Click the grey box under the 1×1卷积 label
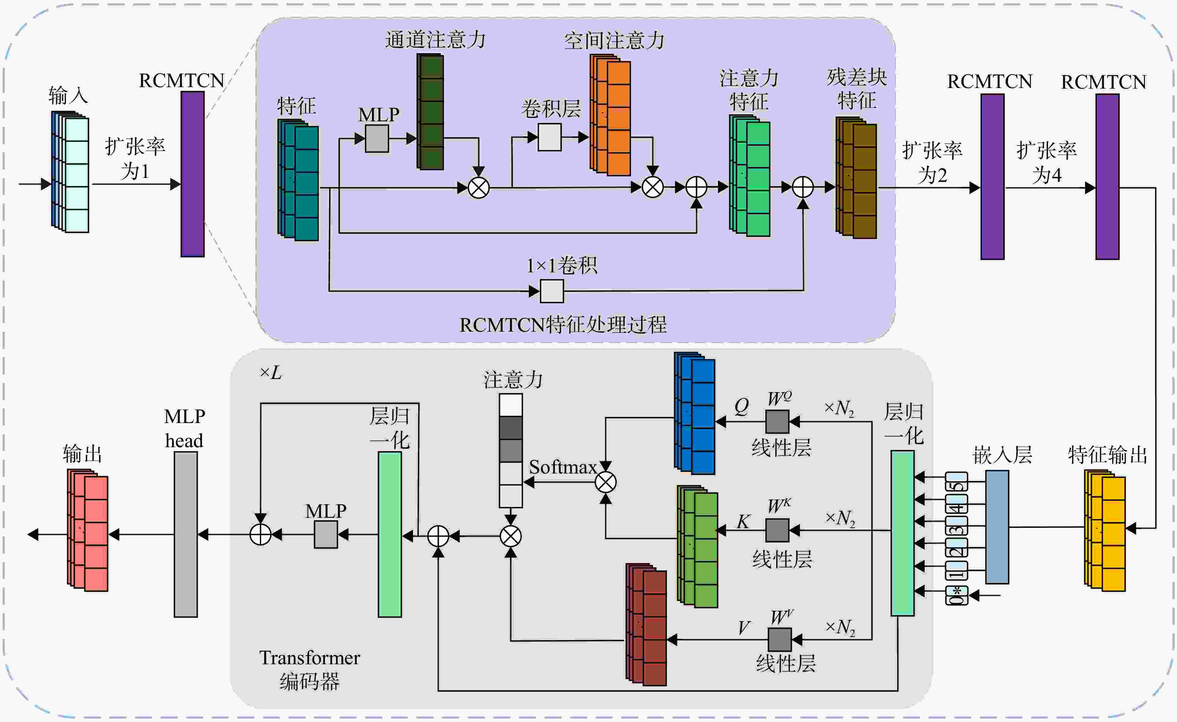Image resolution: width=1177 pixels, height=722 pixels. point(552,291)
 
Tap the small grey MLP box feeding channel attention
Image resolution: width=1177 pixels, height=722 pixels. point(377,138)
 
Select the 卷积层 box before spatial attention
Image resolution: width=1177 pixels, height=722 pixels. point(550,137)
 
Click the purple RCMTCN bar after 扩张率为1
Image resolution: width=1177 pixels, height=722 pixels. point(193,174)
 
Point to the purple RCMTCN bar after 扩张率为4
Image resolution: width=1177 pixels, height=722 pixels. point(1107,177)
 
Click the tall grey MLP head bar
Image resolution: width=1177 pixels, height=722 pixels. point(186,534)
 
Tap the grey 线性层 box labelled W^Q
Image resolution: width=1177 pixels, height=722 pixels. point(777,422)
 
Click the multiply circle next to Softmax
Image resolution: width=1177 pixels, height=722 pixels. point(606,482)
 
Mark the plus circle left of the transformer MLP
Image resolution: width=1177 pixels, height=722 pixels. point(261,535)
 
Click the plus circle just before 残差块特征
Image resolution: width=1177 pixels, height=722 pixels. point(803,187)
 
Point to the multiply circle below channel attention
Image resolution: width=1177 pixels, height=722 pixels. point(479,188)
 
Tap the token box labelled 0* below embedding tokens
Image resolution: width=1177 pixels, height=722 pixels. point(957,595)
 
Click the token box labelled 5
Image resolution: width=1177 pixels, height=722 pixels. point(957,482)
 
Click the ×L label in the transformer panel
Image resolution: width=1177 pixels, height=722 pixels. point(271,372)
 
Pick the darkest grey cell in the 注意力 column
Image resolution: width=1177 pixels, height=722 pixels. point(511,428)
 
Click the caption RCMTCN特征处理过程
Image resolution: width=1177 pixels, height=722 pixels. point(563,325)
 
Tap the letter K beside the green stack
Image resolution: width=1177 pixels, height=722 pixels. point(743,521)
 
